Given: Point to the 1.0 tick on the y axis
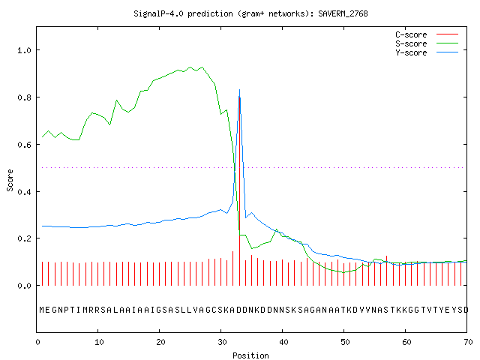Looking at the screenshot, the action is coord(25,50).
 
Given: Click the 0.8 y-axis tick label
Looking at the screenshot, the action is coord(25,97).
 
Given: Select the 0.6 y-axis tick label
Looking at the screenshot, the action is coord(25,145).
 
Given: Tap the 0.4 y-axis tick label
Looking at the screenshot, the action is coord(25,192).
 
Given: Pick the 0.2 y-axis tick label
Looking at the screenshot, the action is coord(25,238).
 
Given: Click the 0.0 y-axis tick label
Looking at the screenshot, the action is coord(25,286).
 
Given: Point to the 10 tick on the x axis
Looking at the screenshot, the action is coord(99,342).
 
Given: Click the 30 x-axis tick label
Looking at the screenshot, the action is coord(222,342).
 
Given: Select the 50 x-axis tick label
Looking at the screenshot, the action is coord(345,342).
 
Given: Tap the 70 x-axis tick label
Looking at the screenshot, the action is coord(468,342).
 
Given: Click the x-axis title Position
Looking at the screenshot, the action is coord(250,355).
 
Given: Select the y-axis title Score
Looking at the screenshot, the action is coord(10,180).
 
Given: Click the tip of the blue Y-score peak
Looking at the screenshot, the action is coord(239,90).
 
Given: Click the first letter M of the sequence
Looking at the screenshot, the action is coord(42,310).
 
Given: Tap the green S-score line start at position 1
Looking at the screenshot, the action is coord(42,136).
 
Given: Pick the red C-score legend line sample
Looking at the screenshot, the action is coord(447,34).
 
